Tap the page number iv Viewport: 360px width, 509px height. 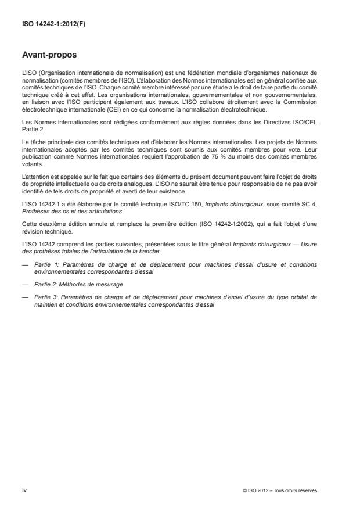coord(24,490)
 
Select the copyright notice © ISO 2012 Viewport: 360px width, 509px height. coord(281,490)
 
